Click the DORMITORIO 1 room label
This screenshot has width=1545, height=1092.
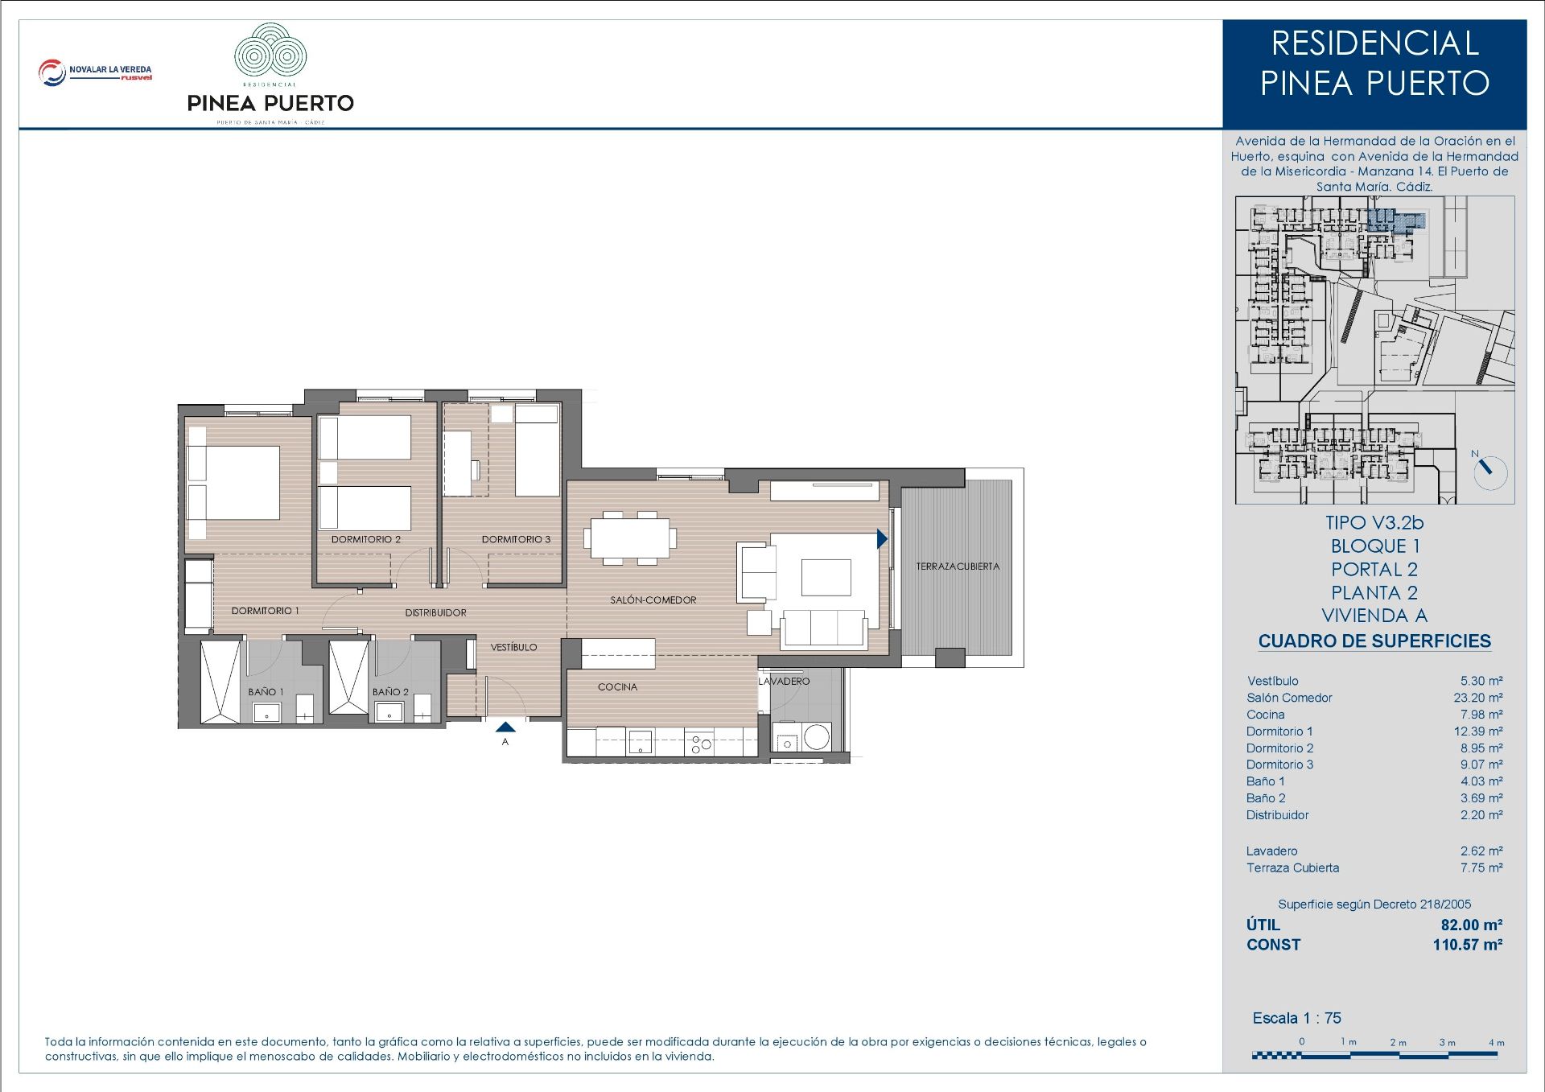(265, 611)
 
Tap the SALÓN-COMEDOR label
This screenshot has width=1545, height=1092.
(653, 600)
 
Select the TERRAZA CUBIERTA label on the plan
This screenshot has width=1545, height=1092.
(958, 567)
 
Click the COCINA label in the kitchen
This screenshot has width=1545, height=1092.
(617, 687)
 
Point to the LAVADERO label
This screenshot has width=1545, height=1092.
(784, 682)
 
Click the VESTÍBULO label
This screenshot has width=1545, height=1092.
(513, 647)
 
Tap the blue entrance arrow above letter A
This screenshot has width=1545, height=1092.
(505, 727)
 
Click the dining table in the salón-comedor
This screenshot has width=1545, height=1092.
(631, 538)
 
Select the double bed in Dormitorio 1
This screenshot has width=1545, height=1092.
(233, 482)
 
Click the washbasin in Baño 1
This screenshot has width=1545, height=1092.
(266, 711)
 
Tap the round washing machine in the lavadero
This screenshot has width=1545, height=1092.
(816, 737)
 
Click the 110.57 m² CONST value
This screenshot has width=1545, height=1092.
(1467, 945)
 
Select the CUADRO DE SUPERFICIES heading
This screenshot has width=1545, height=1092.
(1374, 641)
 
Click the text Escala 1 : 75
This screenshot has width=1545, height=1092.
(1296, 1018)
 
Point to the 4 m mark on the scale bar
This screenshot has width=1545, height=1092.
(1496, 1043)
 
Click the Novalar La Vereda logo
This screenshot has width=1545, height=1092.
(95, 72)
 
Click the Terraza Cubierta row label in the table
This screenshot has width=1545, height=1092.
(1292, 867)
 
